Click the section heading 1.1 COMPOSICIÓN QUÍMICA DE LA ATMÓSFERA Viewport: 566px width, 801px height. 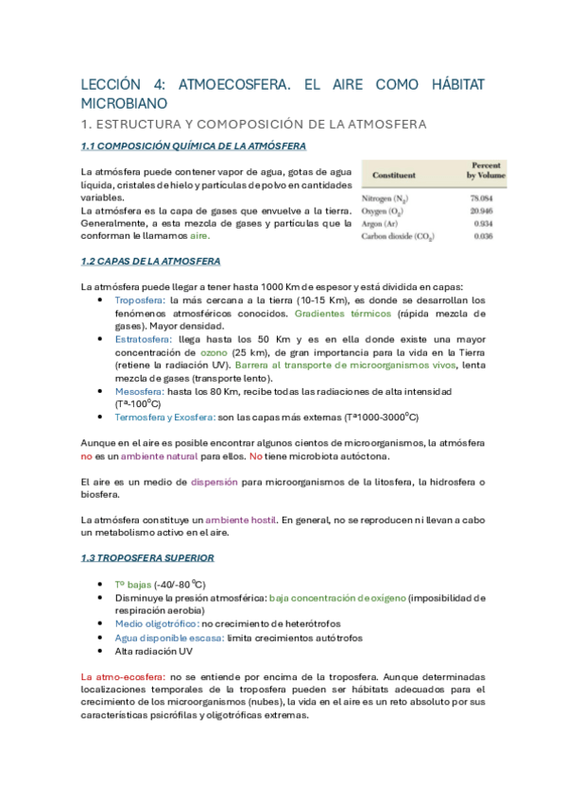[x=193, y=146]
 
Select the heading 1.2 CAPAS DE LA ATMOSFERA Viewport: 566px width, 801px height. [x=151, y=260]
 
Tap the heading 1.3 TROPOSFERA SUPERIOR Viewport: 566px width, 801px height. [x=147, y=557]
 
